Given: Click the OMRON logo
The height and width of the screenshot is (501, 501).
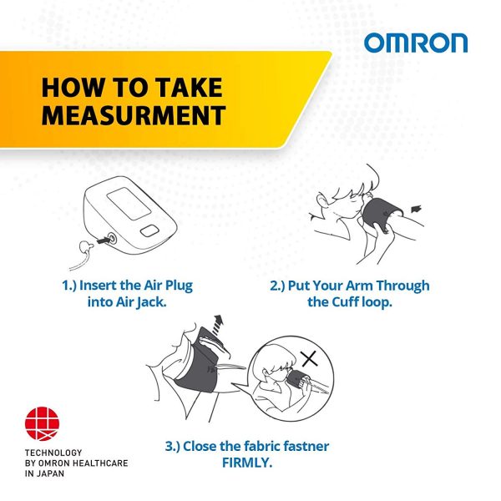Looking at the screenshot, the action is [416, 43].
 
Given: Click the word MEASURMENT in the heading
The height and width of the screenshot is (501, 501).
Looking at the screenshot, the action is [134, 115].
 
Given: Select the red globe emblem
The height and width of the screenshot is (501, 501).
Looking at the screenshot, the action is [42, 423].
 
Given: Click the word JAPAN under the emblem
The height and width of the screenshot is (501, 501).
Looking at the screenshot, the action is [50, 473].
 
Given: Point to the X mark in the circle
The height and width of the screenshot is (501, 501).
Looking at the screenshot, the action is [310, 358].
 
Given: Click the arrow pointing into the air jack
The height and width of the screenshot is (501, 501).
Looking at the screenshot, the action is [103, 240].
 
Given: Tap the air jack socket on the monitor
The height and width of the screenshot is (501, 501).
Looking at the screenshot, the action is [112, 238].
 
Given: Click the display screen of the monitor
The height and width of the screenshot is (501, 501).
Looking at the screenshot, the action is [129, 204].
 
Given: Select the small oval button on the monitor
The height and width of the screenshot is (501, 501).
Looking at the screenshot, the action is [149, 230].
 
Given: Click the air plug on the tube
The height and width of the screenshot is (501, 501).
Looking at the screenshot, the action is [85, 248].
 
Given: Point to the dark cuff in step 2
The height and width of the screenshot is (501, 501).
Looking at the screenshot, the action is [381, 213].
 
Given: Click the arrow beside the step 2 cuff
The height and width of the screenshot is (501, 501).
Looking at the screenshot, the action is [416, 209].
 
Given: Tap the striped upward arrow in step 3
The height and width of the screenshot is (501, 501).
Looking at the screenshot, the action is [218, 325].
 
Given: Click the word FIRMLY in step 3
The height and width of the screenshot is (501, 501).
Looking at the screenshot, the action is [247, 463].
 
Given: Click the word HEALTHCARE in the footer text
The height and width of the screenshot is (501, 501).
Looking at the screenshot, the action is [102, 463].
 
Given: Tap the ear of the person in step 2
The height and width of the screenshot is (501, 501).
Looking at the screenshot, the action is [321, 200].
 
